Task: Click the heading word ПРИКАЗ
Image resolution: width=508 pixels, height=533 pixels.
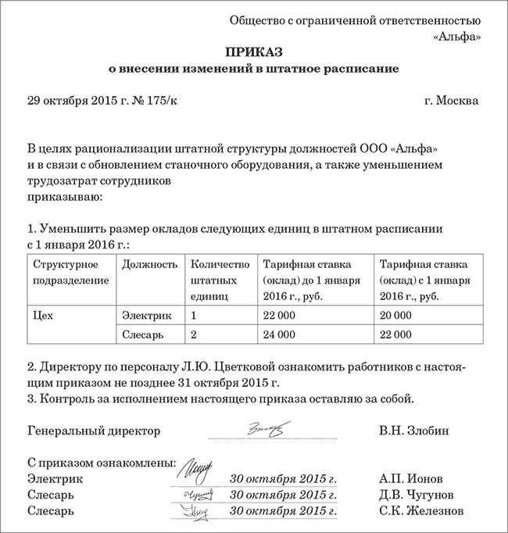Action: coord(254,52)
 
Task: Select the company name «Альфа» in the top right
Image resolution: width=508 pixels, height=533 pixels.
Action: coord(456,35)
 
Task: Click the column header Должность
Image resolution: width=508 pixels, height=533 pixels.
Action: coord(150,264)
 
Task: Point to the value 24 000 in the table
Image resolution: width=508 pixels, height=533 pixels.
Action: coord(279,334)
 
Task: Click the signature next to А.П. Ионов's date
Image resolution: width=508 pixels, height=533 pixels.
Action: coord(195,473)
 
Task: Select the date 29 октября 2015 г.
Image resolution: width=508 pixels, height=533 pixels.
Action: coord(77,101)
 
